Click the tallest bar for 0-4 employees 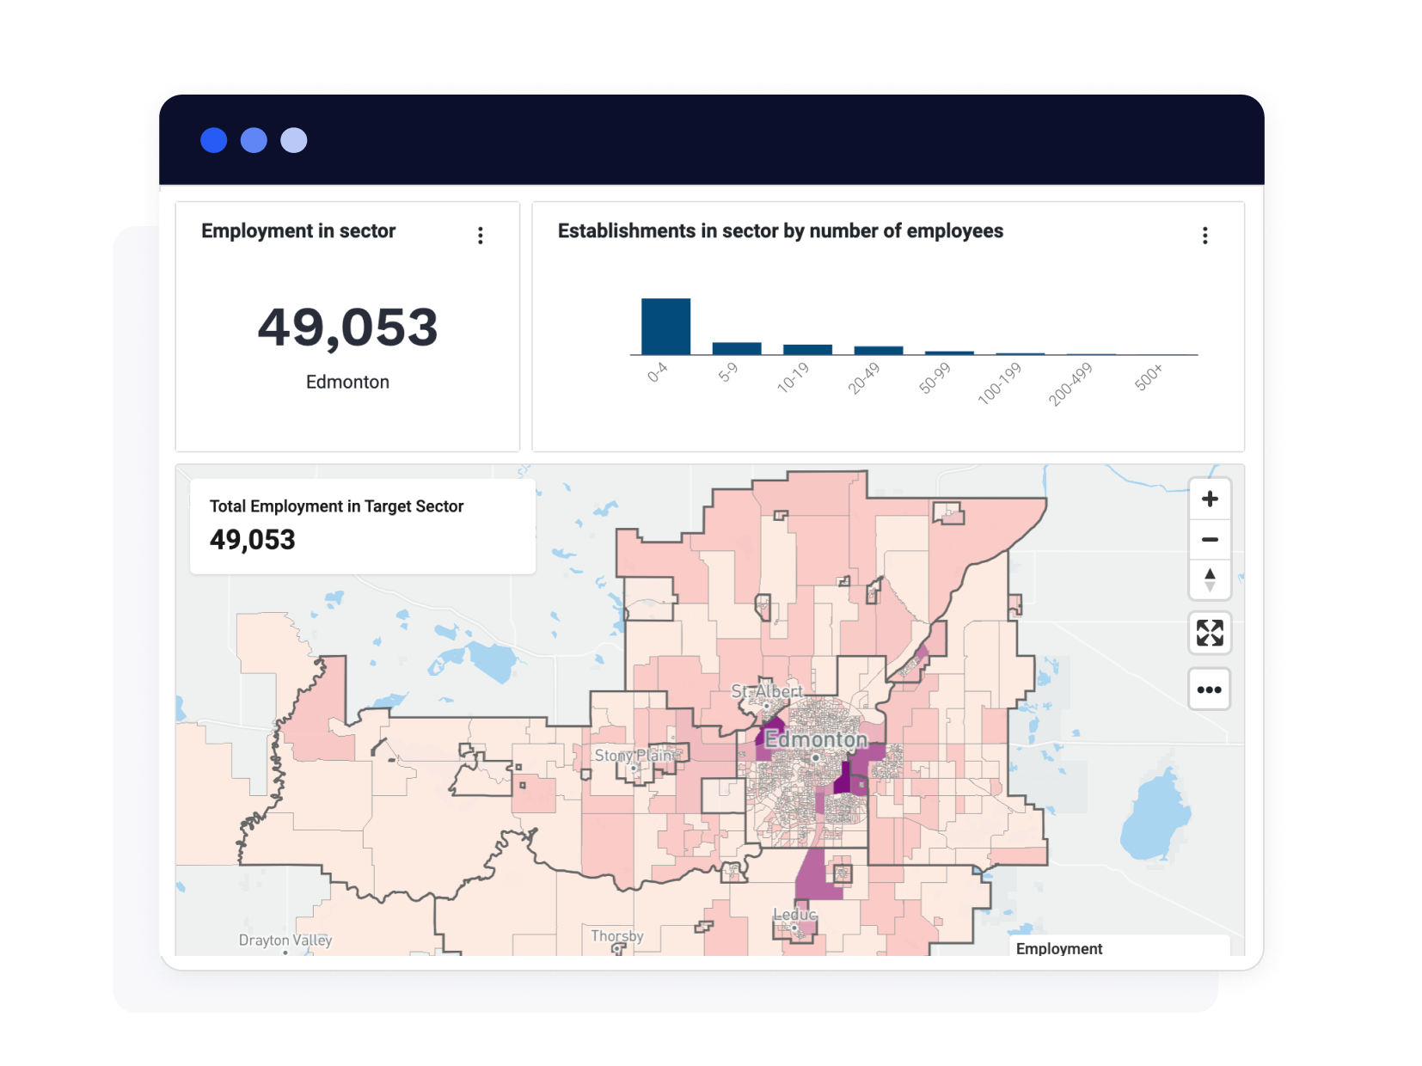pos(665,327)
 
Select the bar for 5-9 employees pos(737,348)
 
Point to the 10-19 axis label pos(793,377)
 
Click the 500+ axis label pos(1149,377)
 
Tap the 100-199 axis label pos(999,383)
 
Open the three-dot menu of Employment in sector pos(481,236)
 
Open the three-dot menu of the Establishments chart pos(1205,236)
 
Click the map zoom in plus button pos(1210,499)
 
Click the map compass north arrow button pos(1210,579)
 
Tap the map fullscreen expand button pos(1210,634)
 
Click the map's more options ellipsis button pos(1210,689)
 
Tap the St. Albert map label pos(766,691)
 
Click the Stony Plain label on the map pos(634,755)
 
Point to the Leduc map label pos(794,915)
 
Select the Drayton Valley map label pos(285,940)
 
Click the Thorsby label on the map pos(617,935)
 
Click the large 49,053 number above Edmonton pos(347,328)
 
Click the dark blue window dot pos(214,140)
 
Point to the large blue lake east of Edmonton pos(1154,817)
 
